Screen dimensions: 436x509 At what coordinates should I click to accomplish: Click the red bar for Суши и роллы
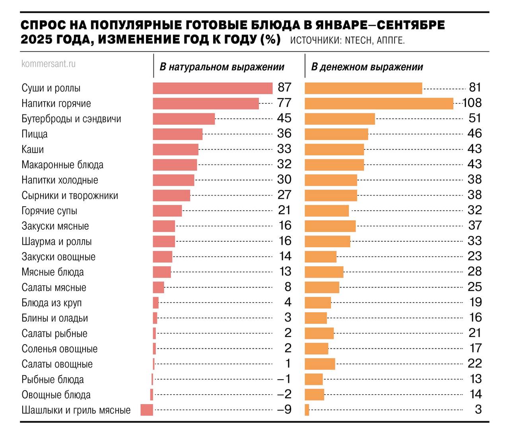coord(212,88)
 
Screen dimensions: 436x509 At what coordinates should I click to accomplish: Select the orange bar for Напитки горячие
coord(379,103)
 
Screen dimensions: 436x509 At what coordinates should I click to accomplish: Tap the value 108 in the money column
coord(472,103)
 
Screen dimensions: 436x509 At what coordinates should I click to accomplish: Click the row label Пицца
coord(35,134)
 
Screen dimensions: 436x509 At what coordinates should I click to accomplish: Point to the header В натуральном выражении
coord(222,67)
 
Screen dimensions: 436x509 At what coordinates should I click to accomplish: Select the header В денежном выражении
coord(367,67)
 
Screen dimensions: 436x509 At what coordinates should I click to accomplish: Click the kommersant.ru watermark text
coord(48,64)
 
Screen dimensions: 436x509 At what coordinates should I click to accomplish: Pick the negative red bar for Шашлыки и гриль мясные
coord(147,410)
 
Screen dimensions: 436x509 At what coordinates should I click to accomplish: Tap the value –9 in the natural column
coord(284,409)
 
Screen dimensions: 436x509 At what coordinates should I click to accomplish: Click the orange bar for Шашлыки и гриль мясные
coord(307,410)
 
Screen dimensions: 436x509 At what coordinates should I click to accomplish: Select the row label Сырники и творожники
coord(70,196)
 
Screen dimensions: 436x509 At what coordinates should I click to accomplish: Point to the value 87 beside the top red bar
coord(284,87)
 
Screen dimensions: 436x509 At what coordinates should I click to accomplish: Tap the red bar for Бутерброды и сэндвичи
coord(184,119)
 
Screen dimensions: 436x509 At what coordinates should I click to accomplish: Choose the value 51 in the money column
coord(475,118)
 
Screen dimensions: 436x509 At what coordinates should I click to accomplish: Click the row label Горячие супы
coord(49,211)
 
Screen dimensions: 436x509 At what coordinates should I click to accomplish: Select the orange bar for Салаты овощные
coord(320,364)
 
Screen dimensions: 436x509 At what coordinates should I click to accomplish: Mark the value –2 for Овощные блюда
coord(284,394)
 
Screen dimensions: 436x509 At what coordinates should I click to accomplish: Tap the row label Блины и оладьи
coord(54,318)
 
